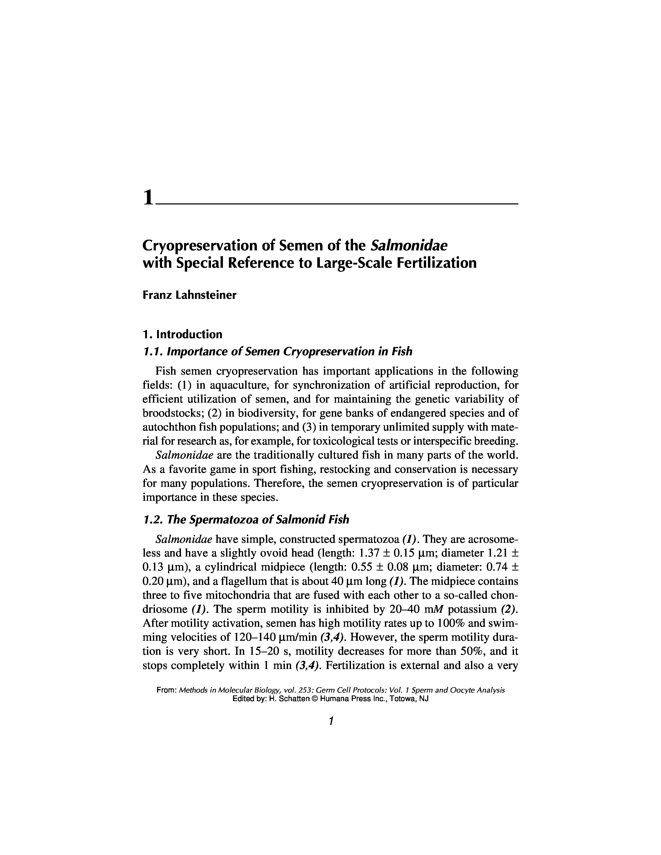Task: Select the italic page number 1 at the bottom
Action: click(331, 721)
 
